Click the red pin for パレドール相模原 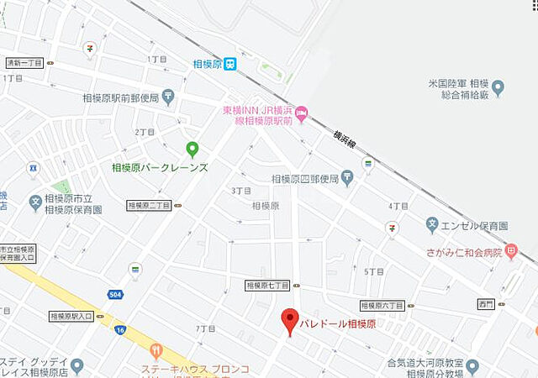[x=289, y=320]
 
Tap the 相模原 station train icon [x=230, y=63]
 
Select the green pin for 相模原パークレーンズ [x=193, y=150]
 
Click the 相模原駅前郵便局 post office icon [x=168, y=96]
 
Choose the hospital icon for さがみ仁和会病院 [x=510, y=251]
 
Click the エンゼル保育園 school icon [x=432, y=225]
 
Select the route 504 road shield [x=114, y=294]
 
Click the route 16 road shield [x=121, y=330]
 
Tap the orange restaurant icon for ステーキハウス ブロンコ [x=156, y=350]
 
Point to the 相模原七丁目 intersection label [x=267, y=286]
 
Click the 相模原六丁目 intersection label [x=382, y=306]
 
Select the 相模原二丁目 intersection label [x=149, y=205]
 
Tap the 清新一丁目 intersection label [x=24, y=63]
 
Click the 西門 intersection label [x=486, y=303]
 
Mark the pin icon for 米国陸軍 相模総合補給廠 [x=498, y=87]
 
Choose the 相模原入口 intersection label [x=71, y=317]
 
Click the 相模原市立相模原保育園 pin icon [x=35, y=202]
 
